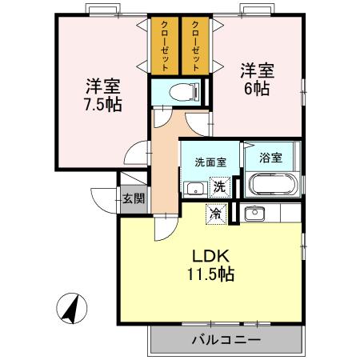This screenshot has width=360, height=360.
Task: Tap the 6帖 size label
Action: [256, 88]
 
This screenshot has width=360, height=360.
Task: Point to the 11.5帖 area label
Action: [211, 274]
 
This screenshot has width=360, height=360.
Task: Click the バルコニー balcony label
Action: [226, 340]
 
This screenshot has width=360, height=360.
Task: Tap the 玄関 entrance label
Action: [134, 198]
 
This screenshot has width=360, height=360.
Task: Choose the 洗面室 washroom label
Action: [210, 161]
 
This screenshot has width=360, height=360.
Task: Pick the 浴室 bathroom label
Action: [271, 158]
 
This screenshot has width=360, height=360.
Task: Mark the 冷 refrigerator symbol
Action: [215, 213]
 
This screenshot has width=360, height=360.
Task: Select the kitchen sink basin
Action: [255, 213]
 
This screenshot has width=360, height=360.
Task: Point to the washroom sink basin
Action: [194, 189]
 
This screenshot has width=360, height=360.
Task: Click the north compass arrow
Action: [72, 307]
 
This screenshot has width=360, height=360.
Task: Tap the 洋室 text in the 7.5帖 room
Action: [102, 85]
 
